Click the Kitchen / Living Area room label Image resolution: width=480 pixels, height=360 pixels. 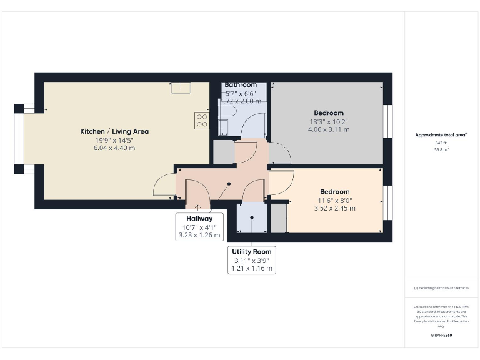point(114,131)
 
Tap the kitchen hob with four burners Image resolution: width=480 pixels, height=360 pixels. point(202,119)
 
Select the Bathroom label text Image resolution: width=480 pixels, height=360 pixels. point(241,85)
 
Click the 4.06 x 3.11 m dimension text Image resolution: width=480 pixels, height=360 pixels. point(329,129)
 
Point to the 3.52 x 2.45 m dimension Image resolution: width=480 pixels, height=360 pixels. point(334,208)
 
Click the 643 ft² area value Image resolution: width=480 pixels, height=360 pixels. point(442,143)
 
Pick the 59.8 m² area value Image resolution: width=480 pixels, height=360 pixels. point(442,150)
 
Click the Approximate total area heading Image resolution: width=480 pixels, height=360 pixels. point(441,135)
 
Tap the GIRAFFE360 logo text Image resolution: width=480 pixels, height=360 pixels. point(442,336)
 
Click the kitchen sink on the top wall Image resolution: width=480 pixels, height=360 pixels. point(181,87)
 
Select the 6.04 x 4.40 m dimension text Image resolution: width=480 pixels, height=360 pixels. point(114,148)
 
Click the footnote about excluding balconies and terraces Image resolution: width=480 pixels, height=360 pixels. point(441,288)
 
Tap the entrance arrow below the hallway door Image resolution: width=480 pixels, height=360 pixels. point(198,208)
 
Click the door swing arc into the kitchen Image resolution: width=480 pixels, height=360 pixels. point(164,186)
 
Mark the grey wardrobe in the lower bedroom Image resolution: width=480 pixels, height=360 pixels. point(277,217)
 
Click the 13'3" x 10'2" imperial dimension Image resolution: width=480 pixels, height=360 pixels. point(329,122)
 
